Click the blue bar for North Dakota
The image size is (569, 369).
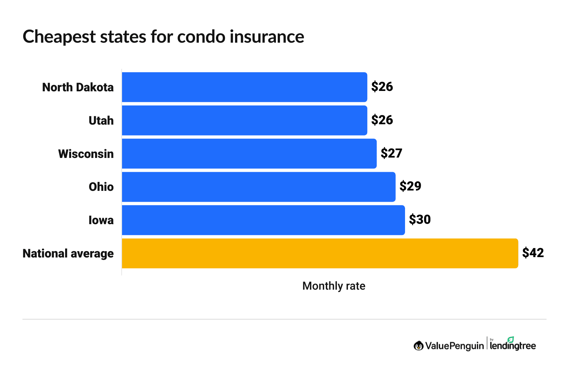click(x=244, y=87)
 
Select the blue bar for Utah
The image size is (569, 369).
click(x=244, y=121)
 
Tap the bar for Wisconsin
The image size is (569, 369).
click(x=249, y=154)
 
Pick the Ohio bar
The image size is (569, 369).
click(x=258, y=187)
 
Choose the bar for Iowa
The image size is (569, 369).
click(x=263, y=220)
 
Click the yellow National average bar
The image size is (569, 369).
click(x=320, y=253)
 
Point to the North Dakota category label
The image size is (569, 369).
click(x=78, y=87)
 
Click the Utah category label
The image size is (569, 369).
click(x=101, y=121)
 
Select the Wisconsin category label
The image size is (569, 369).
click(x=86, y=154)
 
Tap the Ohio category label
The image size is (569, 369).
click(x=101, y=187)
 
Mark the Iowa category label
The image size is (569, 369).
click(x=101, y=220)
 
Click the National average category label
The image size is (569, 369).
click(x=68, y=253)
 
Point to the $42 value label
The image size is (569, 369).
click(x=533, y=253)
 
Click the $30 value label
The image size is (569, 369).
click(x=420, y=219)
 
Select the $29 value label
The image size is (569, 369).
click(x=410, y=186)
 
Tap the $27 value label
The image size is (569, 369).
click(x=391, y=153)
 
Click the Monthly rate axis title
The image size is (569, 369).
click(x=334, y=286)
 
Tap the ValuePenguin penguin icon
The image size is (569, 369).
click(x=419, y=346)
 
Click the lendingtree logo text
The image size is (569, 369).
click(x=512, y=345)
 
